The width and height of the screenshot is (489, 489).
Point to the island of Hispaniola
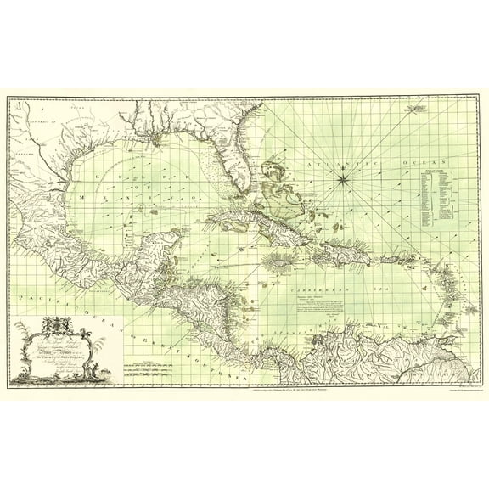click(328, 240)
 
